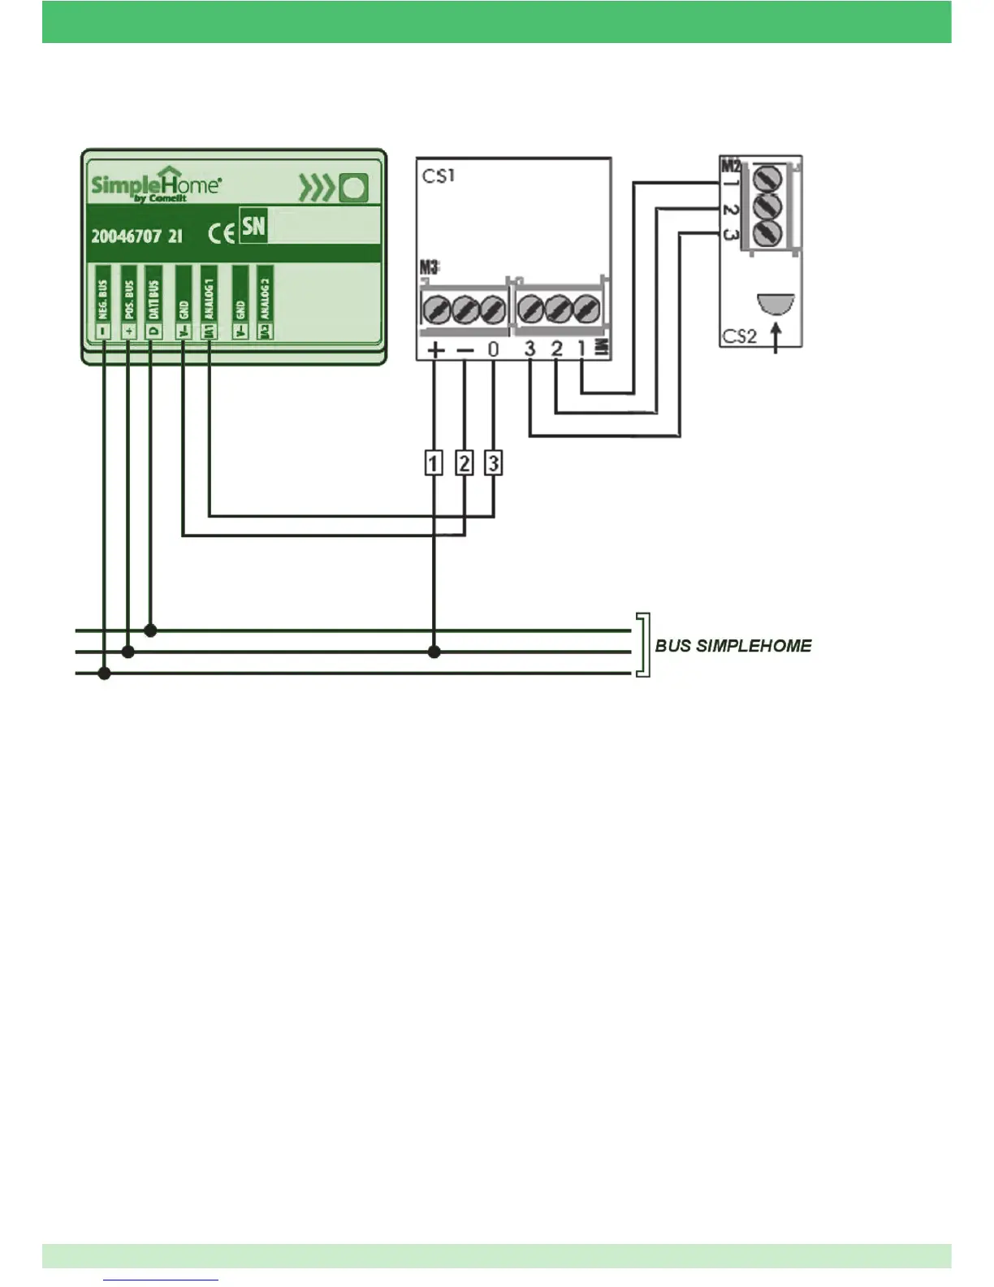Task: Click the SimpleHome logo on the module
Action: [x=155, y=185]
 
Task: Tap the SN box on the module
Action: [x=253, y=226]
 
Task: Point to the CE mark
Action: [x=221, y=234]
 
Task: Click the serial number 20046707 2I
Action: [x=136, y=236]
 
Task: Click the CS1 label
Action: [x=439, y=175]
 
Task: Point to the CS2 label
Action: [x=739, y=336]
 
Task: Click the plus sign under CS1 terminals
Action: [x=435, y=350]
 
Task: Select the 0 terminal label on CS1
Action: [x=493, y=350]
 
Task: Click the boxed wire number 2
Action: [x=464, y=463]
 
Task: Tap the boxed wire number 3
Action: [x=493, y=463]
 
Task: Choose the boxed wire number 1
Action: [x=434, y=463]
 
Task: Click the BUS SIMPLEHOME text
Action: [x=733, y=646]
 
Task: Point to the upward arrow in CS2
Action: [x=776, y=337]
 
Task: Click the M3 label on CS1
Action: [x=429, y=267]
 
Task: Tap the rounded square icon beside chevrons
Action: [x=354, y=188]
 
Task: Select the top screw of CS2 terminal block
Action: [x=767, y=178]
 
